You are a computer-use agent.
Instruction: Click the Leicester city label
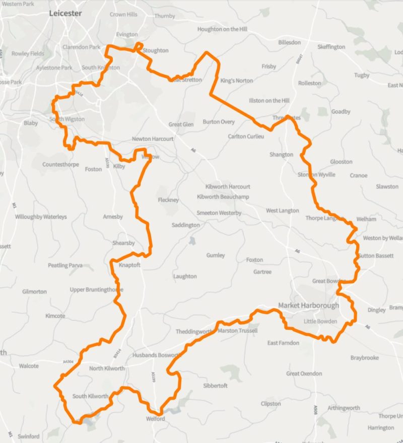[65, 14]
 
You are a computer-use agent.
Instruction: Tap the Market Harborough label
[308, 306]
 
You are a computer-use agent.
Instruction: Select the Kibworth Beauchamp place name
[223, 197]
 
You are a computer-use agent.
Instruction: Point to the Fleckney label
[168, 200]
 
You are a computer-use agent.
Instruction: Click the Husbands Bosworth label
[156, 355]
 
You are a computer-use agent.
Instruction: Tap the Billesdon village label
[290, 42]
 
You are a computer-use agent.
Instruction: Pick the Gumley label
[216, 255]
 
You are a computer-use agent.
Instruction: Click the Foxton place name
[254, 260]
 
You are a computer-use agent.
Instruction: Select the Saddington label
[185, 225]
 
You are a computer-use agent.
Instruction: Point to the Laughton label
[185, 276]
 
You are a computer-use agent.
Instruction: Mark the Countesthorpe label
[60, 165]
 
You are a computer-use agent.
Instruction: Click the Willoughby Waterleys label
[41, 217]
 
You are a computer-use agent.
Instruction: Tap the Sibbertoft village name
[215, 386]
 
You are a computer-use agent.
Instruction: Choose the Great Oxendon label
[300, 374]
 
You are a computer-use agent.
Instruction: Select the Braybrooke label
[364, 358]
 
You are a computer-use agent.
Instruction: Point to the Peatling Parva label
[65, 265]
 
